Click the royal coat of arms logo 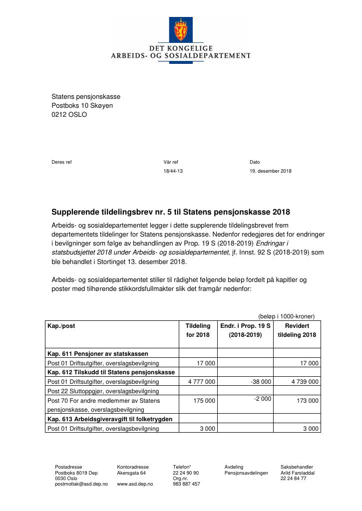(180, 30)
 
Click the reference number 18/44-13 (173, 171)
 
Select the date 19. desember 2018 (270, 171)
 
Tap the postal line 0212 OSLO (69, 114)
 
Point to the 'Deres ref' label (61, 162)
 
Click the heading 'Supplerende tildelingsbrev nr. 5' (170, 212)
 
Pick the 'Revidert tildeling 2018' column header (297, 330)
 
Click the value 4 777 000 (201, 382)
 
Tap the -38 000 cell (261, 382)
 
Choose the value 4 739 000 (305, 382)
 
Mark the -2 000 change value (262, 399)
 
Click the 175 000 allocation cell (205, 401)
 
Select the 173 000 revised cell (308, 401)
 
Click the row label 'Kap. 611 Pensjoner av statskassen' (97, 354)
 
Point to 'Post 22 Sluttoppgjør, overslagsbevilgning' (103, 391)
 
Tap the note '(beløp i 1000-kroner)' (286, 316)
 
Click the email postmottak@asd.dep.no (81, 484)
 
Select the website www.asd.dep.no (135, 484)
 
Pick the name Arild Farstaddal (297, 473)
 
